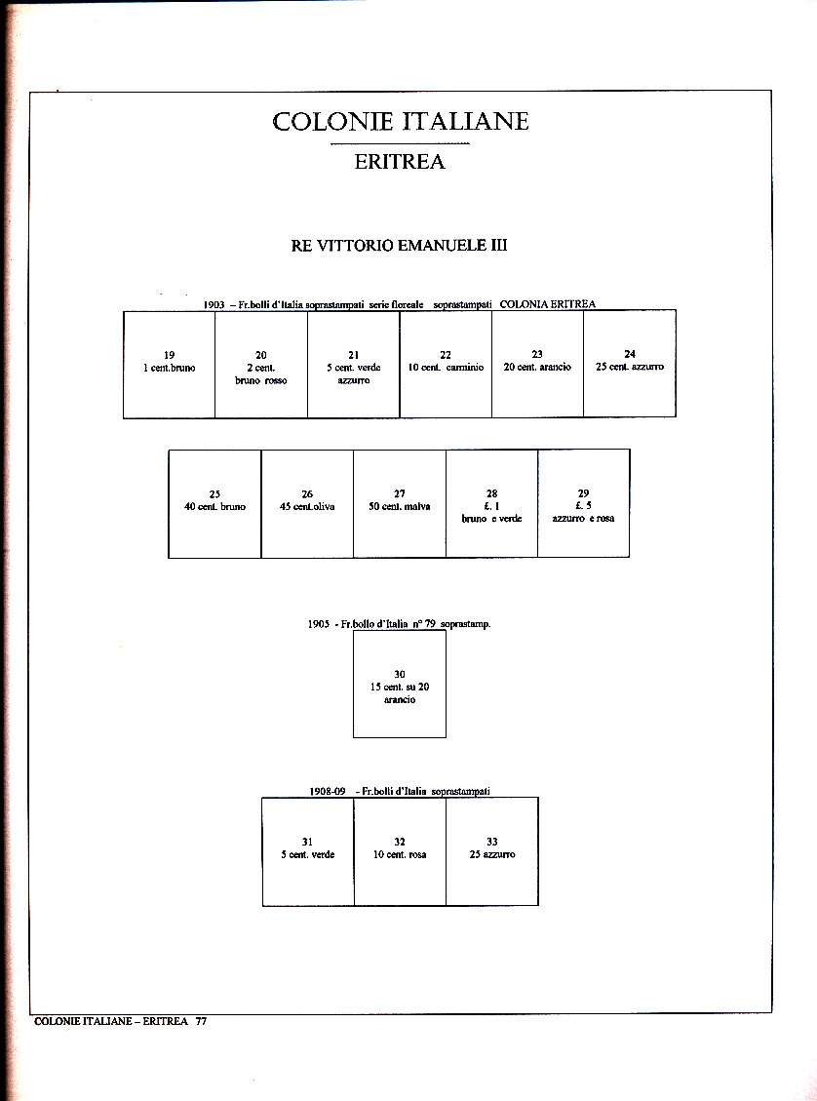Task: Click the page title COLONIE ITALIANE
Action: coord(400,122)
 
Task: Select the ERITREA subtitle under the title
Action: coord(400,162)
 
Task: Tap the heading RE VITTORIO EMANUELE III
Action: coord(399,246)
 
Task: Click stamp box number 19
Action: coord(170,364)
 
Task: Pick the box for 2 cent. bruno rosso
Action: coord(261,364)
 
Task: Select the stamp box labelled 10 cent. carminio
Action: coord(446,364)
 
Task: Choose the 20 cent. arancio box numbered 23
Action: coord(537,364)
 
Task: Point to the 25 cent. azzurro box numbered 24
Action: coord(630,364)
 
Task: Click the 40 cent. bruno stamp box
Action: coord(214,503)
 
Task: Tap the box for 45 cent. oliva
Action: coord(307,503)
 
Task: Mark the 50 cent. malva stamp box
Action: coord(400,503)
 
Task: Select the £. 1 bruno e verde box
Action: coord(491,503)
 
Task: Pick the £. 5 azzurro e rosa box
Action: coord(583,503)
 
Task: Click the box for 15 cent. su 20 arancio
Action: coord(400,684)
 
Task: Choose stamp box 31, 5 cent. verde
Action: coord(308,851)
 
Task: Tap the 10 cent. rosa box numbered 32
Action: coord(400,851)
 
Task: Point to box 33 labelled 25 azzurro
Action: coord(491,851)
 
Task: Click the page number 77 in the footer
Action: coord(201,1022)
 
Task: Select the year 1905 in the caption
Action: coord(319,624)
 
